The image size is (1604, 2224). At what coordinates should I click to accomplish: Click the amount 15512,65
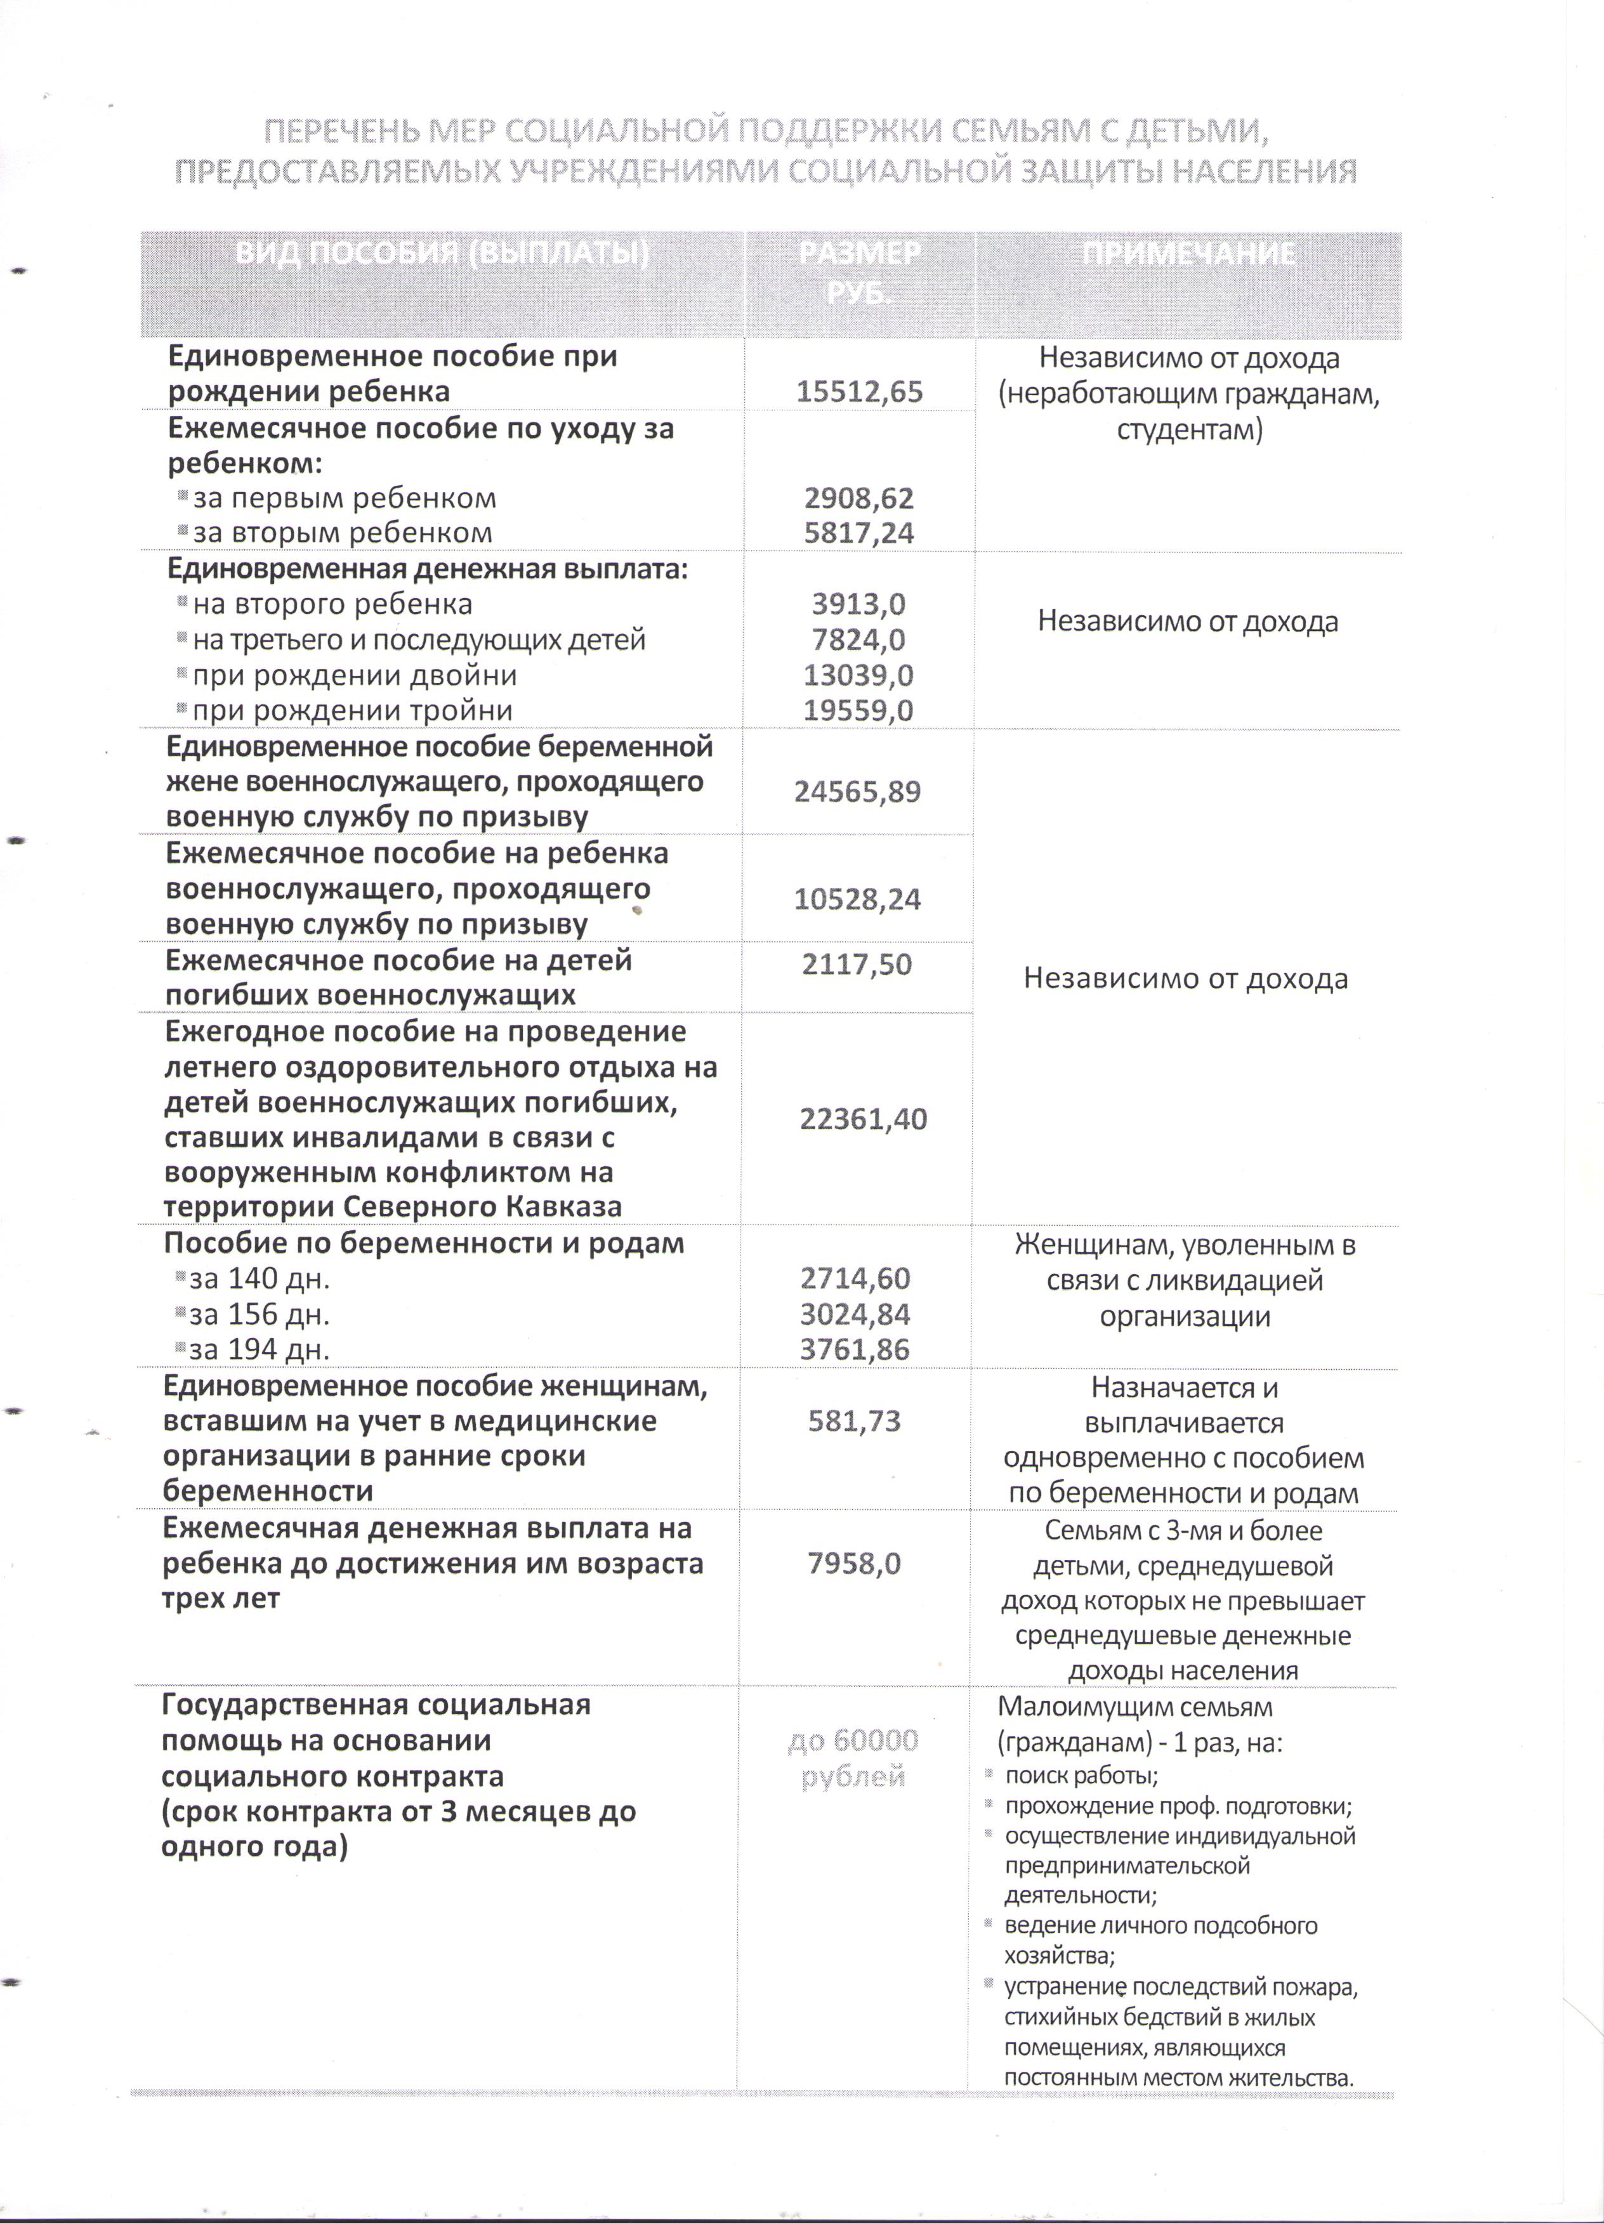[x=859, y=393]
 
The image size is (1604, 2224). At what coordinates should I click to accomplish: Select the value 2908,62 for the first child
[x=859, y=498]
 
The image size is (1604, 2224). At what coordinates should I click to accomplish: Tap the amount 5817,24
[x=859, y=533]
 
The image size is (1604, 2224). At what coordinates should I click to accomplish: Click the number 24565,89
[x=857, y=791]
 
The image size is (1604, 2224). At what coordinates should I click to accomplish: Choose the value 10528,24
[x=857, y=899]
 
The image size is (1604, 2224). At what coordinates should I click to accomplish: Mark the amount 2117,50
[x=857, y=965]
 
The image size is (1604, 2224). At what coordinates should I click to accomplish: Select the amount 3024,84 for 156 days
[x=855, y=1314]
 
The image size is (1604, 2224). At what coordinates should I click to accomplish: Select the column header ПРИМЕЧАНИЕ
[x=1188, y=254]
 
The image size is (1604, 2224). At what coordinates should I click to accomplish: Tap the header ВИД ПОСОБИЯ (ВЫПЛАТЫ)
[x=442, y=254]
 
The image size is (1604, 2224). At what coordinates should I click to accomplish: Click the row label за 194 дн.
[x=259, y=1350]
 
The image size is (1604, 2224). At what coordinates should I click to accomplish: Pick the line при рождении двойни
[x=354, y=675]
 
